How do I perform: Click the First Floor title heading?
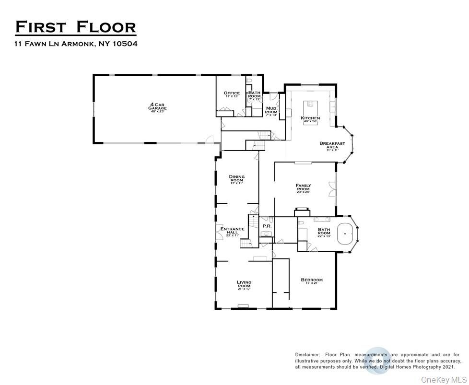pyautogui.click(x=75, y=27)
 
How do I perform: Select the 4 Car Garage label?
pyautogui.click(x=157, y=106)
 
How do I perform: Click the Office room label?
pyautogui.click(x=232, y=93)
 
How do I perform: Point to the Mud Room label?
pyautogui.click(x=271, y=110)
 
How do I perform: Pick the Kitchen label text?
pyautogui.click(x=310, y=118)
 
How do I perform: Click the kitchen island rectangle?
pyautogui.click(x=310, y=105)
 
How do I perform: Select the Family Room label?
pyautogui.click(x=303, y=187)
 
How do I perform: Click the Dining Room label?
pyautogui.click(x=237, y=178)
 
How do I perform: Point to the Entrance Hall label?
pyautogui.click(x=233, y=231)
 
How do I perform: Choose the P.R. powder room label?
pyautogui.click(x=267, y=226)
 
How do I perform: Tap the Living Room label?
pyautogui.click(x=244, y=284)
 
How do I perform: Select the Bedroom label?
pyautogui.click(x=312, y=280)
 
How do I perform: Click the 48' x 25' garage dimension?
pyautogui.click(x=157, y=112)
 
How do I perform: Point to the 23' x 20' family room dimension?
pyautogui.click(x=303, y=192)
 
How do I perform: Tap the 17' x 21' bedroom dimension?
pyautogui.click(x=312, y=284)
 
